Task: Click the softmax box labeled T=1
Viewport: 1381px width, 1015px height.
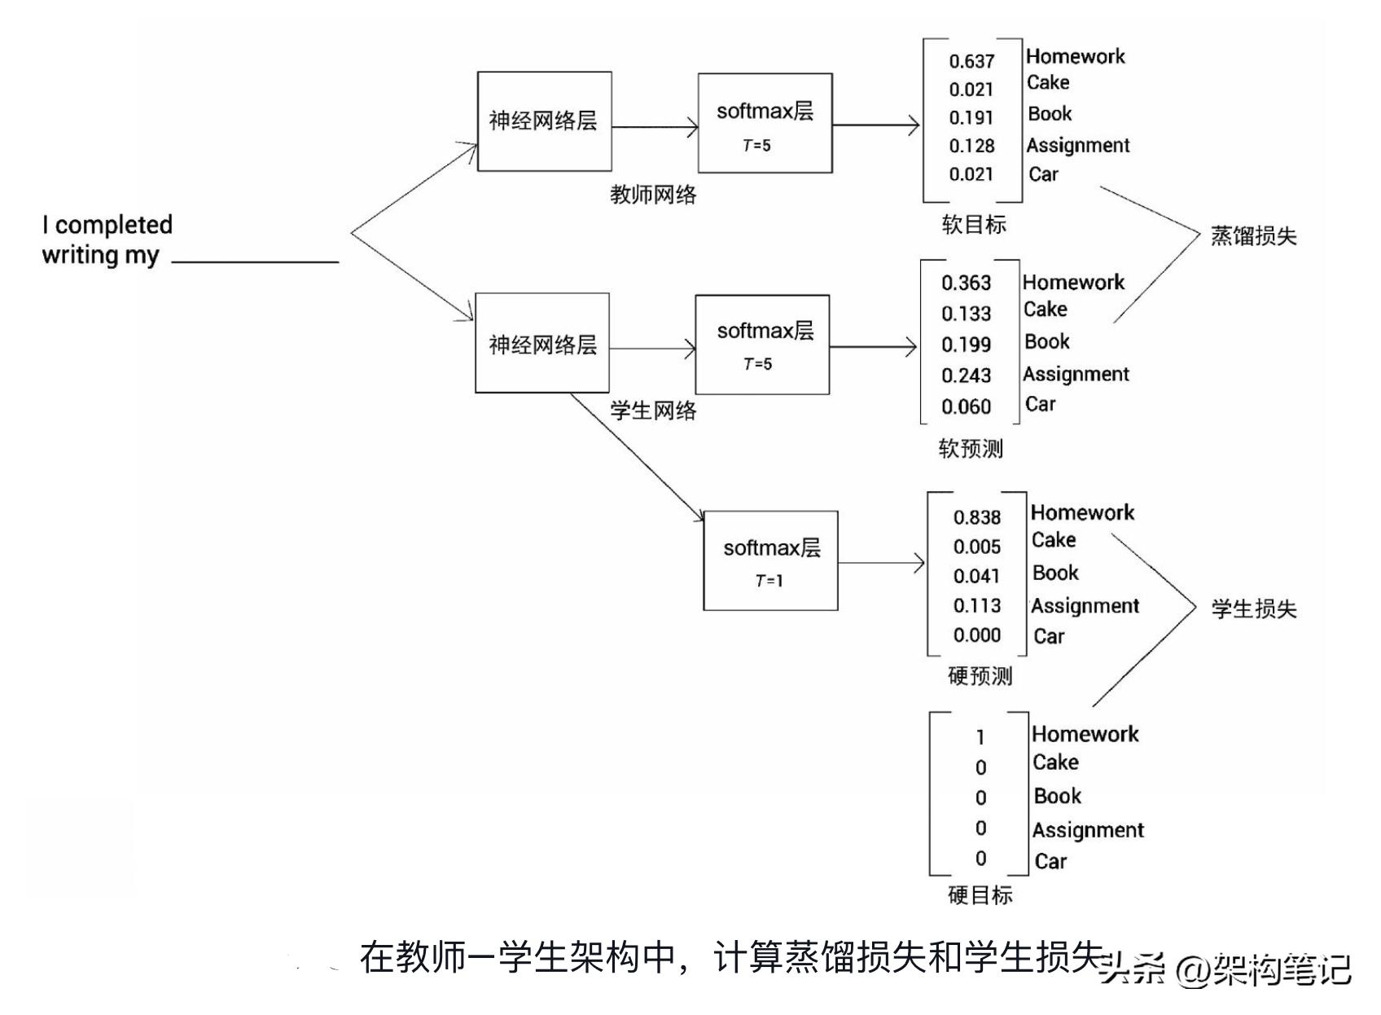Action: (770, 560)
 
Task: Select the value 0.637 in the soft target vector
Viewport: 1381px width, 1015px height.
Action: (971, 61)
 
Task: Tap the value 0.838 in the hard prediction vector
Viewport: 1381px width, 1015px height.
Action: (976, 517)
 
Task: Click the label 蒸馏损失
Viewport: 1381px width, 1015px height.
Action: (1253, 236)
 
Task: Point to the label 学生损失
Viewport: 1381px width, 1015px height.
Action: (1253, 609)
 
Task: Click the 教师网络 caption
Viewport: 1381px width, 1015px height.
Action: (653, 195)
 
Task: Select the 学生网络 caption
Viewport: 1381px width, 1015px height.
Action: (653, 411)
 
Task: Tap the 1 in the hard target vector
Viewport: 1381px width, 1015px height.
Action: (980, 737)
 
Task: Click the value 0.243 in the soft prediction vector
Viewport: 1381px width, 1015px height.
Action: (966, 376)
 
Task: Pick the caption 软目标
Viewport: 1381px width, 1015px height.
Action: (974, 225)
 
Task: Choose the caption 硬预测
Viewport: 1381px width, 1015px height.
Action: (980, 676)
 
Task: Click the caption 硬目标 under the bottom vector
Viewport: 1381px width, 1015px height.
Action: (980, 895)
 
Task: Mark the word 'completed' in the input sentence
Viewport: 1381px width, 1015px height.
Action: (113, 225)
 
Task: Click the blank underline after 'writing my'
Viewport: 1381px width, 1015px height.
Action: (255, 261)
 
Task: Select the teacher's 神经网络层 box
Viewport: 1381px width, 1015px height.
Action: (544, 121)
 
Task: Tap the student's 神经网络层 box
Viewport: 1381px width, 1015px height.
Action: (542, 343)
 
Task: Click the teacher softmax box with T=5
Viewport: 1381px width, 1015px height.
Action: (765, 123)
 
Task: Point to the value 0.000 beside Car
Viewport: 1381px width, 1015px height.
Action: (976, 635)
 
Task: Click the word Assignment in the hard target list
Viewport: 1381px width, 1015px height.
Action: (1088, 830)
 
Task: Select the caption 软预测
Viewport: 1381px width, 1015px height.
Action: (971, 449)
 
